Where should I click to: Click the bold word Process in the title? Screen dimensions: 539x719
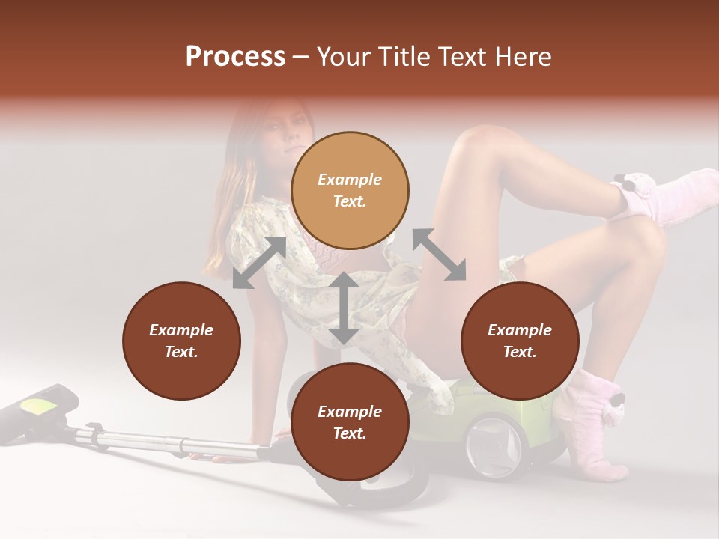[235, 56]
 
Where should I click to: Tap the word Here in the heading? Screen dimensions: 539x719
[523, 56]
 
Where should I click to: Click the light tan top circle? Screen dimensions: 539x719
[350, 191]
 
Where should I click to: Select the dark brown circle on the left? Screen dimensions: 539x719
[181, 341]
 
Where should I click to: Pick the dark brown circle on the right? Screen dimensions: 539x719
[520, 341]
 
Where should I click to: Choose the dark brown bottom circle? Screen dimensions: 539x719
[350, 422]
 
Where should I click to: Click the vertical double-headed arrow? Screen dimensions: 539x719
[344, 308]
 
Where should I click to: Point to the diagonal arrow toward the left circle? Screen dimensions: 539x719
[259, 263]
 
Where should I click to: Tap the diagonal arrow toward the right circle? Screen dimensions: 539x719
[439, 255]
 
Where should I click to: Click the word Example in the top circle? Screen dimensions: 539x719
[350, 180]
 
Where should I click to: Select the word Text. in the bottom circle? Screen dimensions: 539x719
[350, 433]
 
